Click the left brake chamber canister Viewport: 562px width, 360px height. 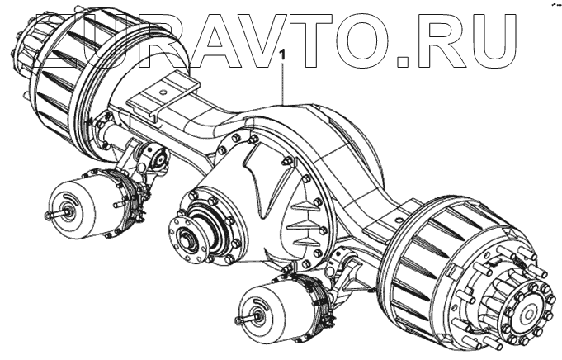pyautogui.click(x=79, y=207)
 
